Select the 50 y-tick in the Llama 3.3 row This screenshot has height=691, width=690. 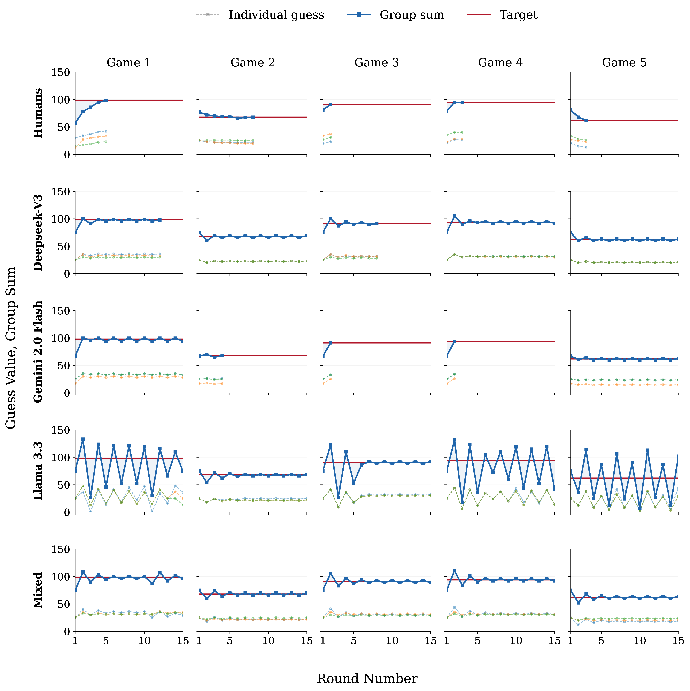tap(64, 485)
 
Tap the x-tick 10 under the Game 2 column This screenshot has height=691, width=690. tap(268, 641)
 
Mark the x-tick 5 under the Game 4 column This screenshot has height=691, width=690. tap(477, 641)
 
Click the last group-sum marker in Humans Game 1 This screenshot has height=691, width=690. tap(106, 100)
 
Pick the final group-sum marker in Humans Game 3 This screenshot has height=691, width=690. tap(330, 104)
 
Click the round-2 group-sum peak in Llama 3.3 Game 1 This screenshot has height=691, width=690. tap(83, 439)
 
